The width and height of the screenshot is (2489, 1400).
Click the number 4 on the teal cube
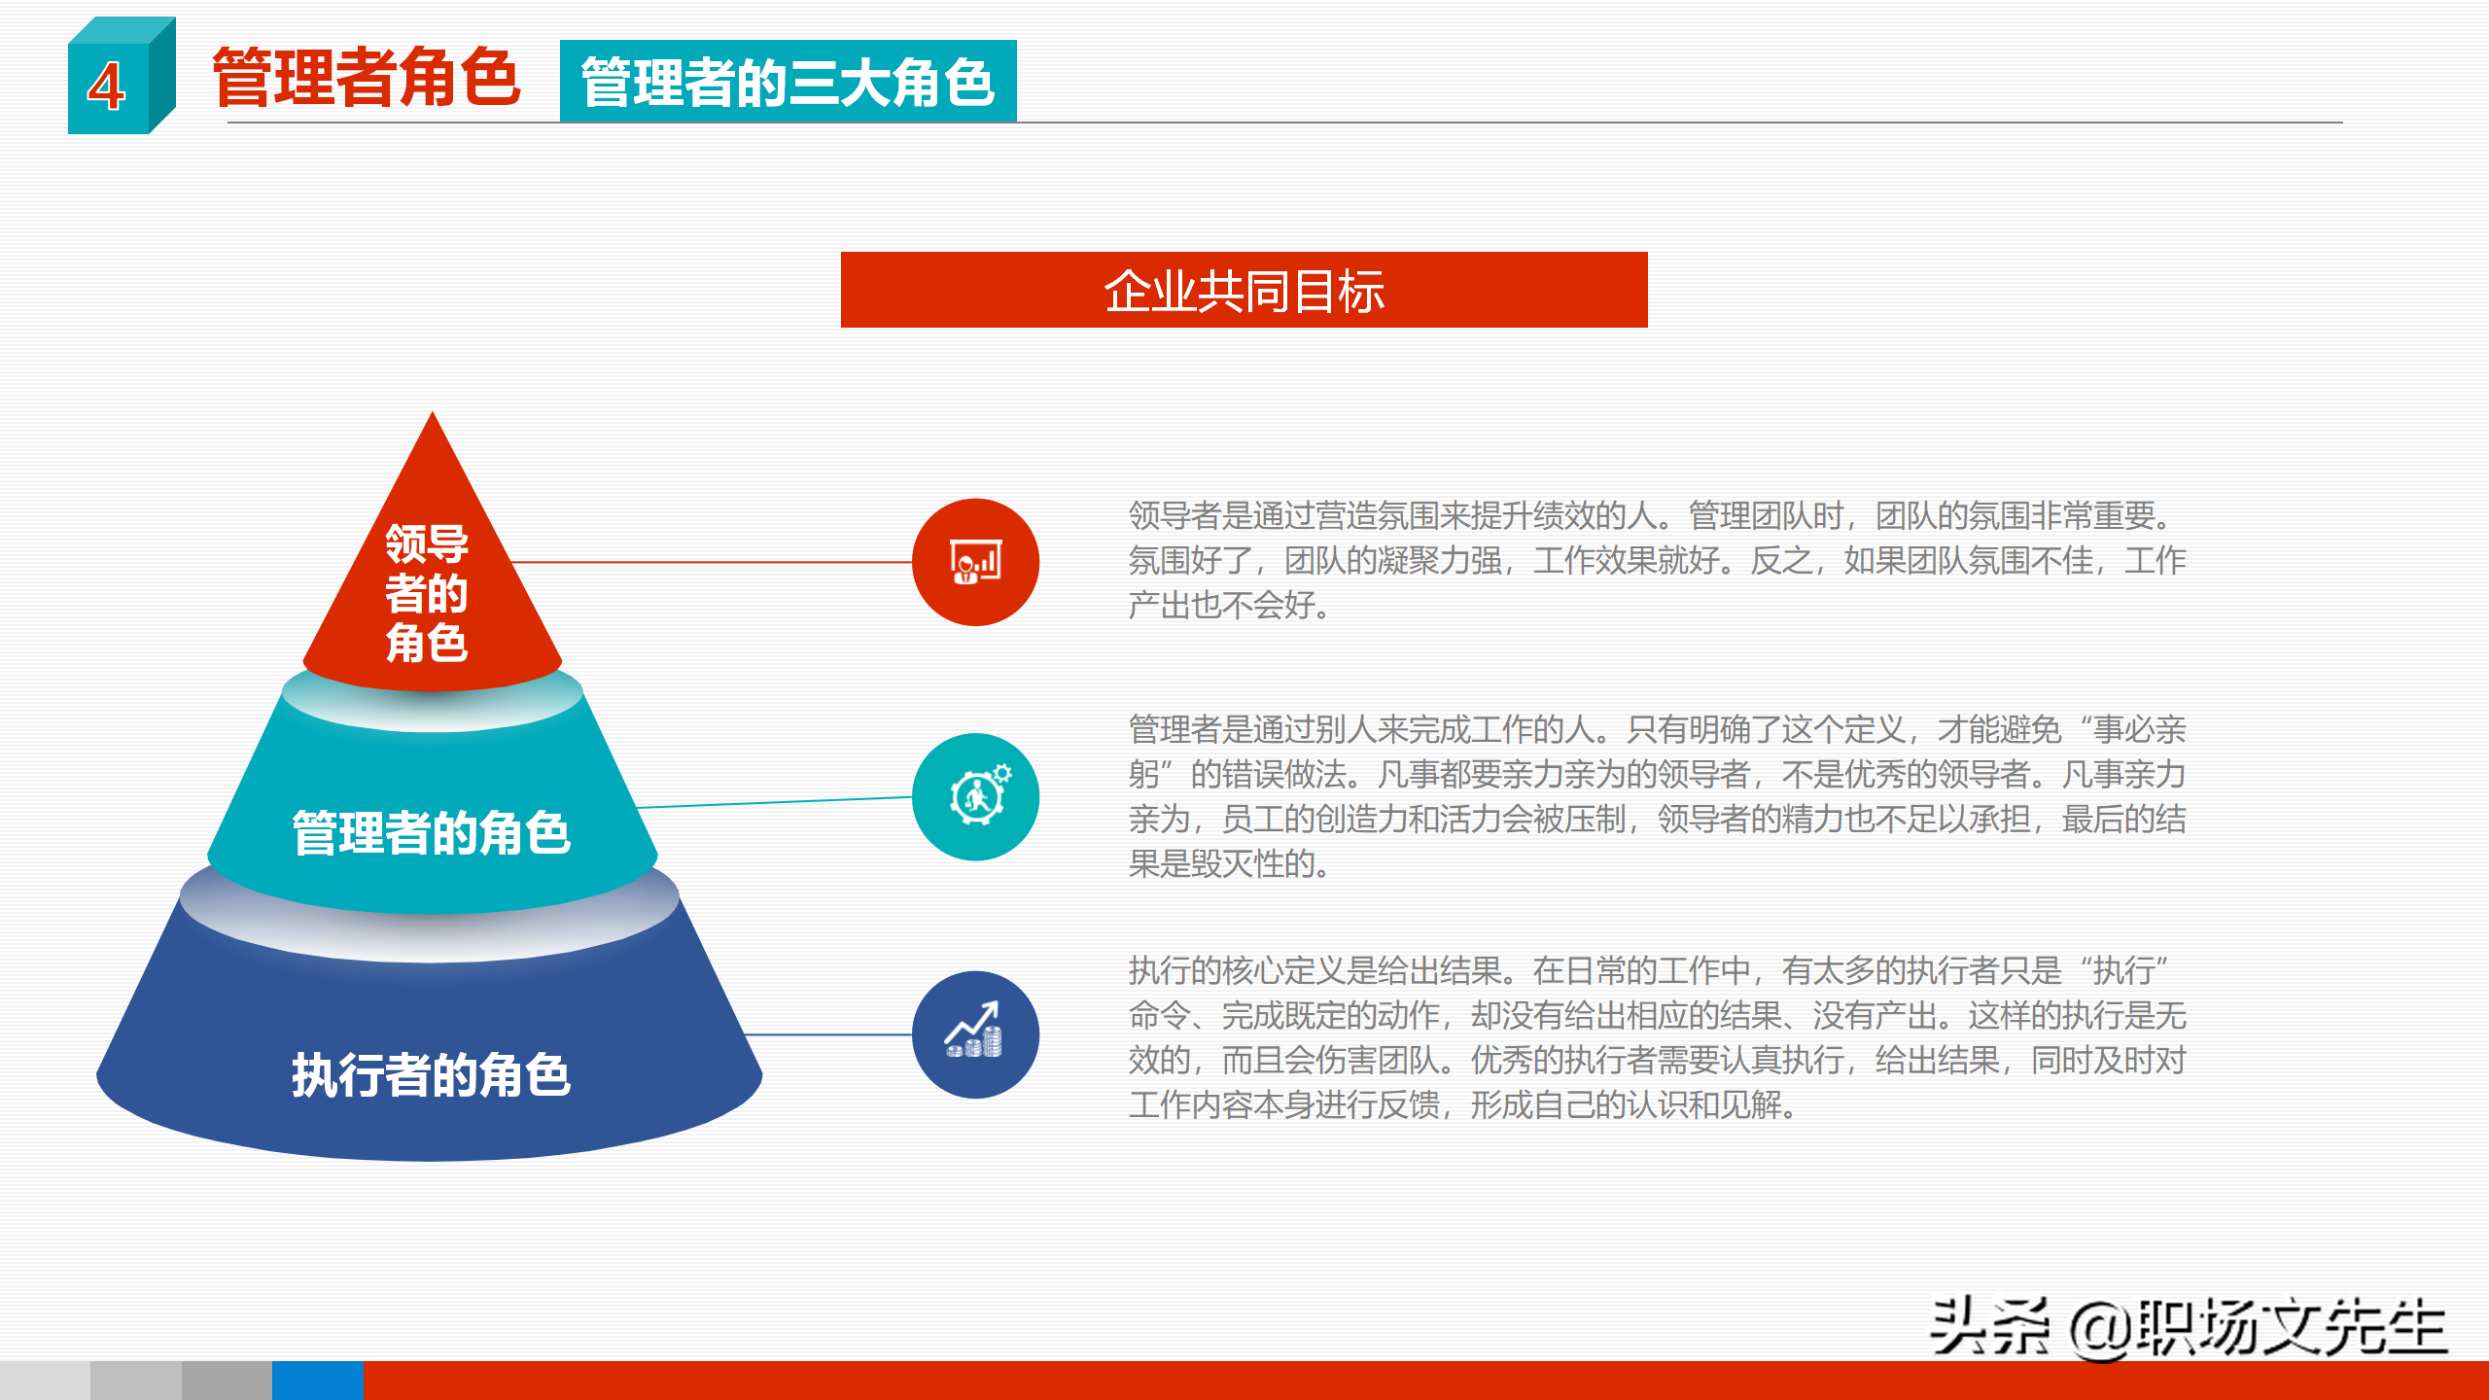106,87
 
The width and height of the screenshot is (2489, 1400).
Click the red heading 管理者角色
366,78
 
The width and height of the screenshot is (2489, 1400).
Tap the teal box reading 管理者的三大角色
788,82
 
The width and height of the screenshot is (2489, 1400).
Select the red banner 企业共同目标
1244,290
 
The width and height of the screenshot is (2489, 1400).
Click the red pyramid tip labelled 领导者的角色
428,593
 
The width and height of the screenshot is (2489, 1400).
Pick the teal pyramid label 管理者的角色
431,833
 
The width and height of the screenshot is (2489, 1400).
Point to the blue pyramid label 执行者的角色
431,1075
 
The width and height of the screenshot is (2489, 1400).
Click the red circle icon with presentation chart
975,562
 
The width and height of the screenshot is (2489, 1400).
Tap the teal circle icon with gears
975,797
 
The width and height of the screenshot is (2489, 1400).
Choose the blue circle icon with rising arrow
975,1034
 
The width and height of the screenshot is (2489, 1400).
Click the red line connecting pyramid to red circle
710,562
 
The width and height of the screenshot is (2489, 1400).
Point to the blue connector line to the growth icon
826,1034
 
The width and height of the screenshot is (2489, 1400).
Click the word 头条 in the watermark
1988,1326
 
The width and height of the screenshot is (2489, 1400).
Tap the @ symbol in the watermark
2100,1330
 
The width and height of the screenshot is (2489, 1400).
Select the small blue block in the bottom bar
317,1381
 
